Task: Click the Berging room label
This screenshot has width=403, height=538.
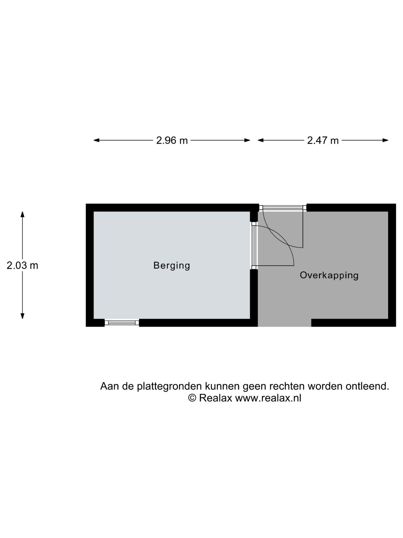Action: click(x=172, y=266)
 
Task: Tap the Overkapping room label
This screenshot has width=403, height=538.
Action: click(x=329, y=276)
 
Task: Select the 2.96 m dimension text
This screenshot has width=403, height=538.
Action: click(x=172, y=141)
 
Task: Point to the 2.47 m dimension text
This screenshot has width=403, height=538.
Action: click(x=323, y=141)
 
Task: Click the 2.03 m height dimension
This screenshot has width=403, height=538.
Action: click(x=22, y=266)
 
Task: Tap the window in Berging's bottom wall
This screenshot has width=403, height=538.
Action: click(x=122, y=323)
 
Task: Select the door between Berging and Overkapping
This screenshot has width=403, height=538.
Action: click(x=273, y=246)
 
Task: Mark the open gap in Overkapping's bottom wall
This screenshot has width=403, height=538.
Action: click(x=284, y=323)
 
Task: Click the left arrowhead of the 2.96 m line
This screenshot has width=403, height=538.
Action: click(x=96, y=140)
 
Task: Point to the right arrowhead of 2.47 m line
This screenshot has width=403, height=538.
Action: click(x=385, y=140)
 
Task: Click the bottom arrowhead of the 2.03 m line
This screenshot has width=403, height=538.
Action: click(x=23, y=316)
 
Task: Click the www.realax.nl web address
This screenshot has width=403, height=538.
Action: click(x=268, y=398)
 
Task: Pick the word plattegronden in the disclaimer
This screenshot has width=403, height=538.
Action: click(x=169, y=386)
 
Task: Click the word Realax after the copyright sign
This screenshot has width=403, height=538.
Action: click(x=215, y=398)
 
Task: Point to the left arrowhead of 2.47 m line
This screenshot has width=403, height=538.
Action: click(x=261, y=140)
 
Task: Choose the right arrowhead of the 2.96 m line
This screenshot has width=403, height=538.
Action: click(x=247, y=140)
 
